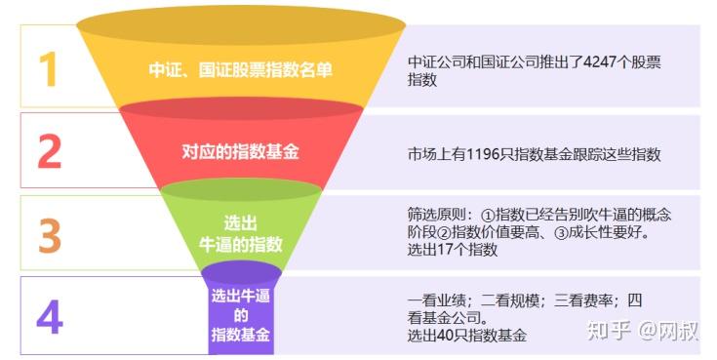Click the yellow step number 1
click(47, 69)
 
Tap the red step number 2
click(49, 151)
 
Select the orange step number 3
click(49, 234)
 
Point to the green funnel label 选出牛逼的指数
click(240, 233)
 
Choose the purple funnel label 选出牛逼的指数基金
click(241, 315)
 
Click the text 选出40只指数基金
click(466, 335)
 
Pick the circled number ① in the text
click(488, 215)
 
